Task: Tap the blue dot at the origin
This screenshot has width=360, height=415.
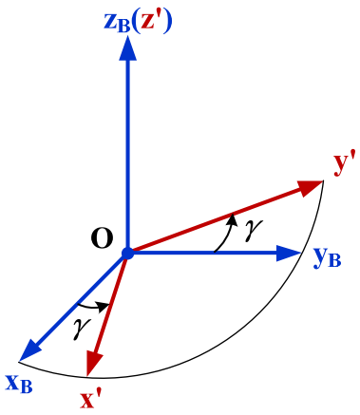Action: point(128,254)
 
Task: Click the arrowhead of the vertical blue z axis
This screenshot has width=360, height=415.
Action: point(128,53)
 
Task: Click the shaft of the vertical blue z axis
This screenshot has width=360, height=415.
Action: point(128,152)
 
